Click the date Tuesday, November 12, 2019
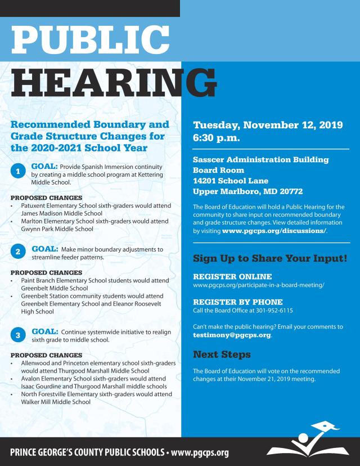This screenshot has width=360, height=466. pyautogui.click(x=268, y=125)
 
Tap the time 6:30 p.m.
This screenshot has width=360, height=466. pyautogui.click(x=217, y=137)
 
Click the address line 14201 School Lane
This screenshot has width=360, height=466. pyautogui.click(x=230, y=181)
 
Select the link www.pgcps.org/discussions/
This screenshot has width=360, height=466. pyautogui.click(x=275, y=231)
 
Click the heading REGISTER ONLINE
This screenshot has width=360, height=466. pyautogui.click(x=232, y=277)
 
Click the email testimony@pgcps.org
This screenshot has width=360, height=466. pyautogui.click(x=232, y=335)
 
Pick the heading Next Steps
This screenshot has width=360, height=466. pyautogui.click(x=222, y=355)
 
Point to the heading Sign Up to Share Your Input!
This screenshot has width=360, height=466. pyautogui.click(x=270, y=259)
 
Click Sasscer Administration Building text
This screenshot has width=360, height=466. pyautogui.click(x=260, y=159)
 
